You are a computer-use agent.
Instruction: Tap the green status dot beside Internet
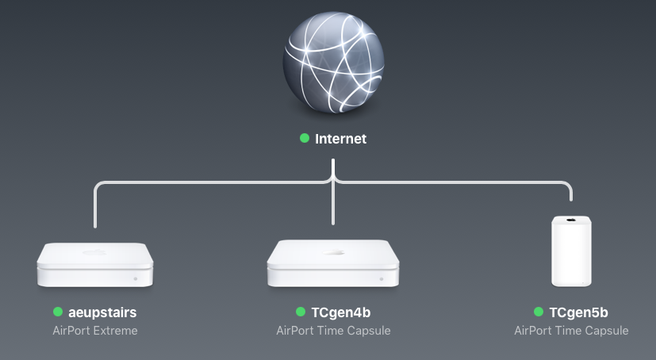(305, 138)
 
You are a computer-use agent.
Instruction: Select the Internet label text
(341, 139)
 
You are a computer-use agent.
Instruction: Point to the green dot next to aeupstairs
(58, 312)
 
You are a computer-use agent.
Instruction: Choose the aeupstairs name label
(102, 312)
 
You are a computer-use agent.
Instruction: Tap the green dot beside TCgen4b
(301, 312)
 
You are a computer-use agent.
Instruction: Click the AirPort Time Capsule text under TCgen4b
(333, 330)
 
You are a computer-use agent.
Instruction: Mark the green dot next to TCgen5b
(539, 312)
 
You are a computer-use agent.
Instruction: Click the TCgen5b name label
(578, 312)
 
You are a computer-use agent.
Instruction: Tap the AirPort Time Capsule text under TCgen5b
(571, 330)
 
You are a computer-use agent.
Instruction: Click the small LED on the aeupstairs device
(136, 279)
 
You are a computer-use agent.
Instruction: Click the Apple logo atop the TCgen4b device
(333, 252)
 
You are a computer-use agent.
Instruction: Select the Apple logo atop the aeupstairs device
(94, 252)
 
